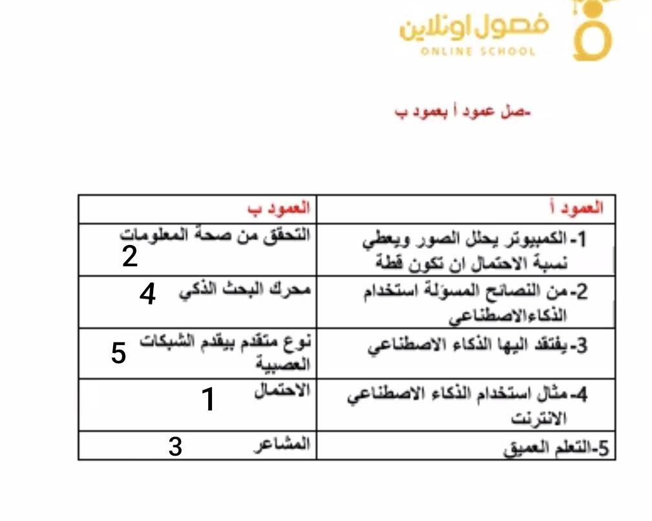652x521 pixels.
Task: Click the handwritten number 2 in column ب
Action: coord(130,257)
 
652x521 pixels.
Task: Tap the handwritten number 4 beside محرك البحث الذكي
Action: coord(148,295)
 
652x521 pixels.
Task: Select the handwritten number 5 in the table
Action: coord(118,354)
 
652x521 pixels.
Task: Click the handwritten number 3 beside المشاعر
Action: coord(175,447)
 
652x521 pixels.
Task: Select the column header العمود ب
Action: coord(279,208)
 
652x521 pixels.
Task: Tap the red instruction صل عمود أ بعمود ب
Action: coord(463,112)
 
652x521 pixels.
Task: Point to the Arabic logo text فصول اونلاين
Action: coord(474,28)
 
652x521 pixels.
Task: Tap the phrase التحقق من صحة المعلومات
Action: coord(216,233)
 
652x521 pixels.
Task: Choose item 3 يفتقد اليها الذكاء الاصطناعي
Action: coord(478,346)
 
